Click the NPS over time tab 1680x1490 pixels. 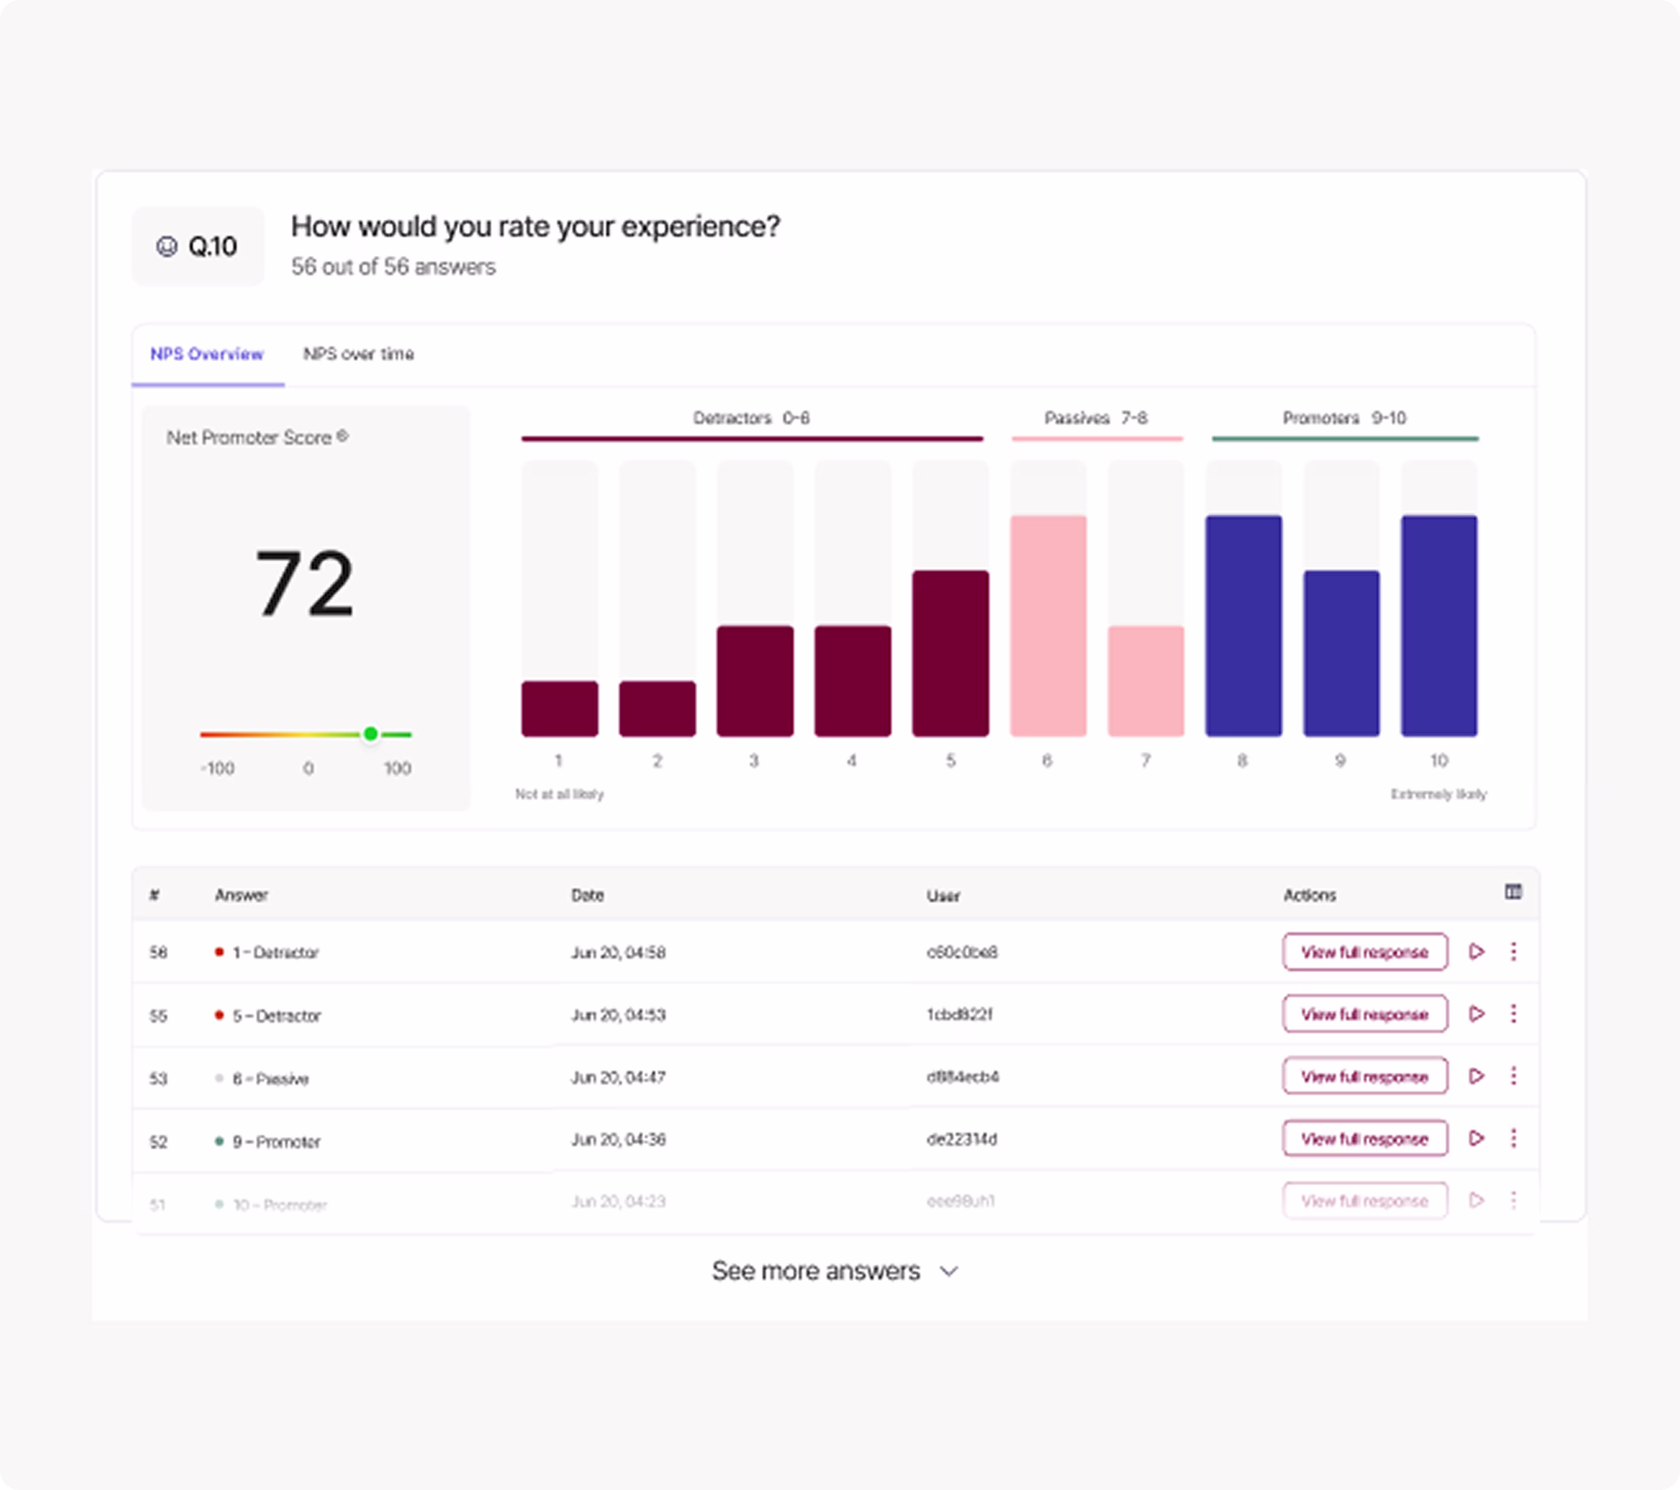pyautogui.click(x=358, y=354)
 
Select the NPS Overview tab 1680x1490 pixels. pyautogui.click(x=207, y=354)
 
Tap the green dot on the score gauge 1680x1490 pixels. pyautogui.click(x=371, y=734)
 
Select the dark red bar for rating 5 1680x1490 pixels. pyautogui.click(x=950, y=654)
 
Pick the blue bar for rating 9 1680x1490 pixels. pyautogui.click(x=1340, y=654)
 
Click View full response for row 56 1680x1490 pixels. pyautogui.click(x=1365, y=951)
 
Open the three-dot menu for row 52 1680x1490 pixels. pyautogui.click(x=1513, y=1138)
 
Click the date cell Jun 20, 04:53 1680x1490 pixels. pyautogui.click(x=618, y=1015)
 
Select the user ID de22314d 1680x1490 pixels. pyautogui.click(x=962, y=1139)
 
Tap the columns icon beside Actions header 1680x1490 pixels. pyautogui.click(x=1513, y=892)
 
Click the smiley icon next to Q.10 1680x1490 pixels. pyautogui.click(x=167, y=247)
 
